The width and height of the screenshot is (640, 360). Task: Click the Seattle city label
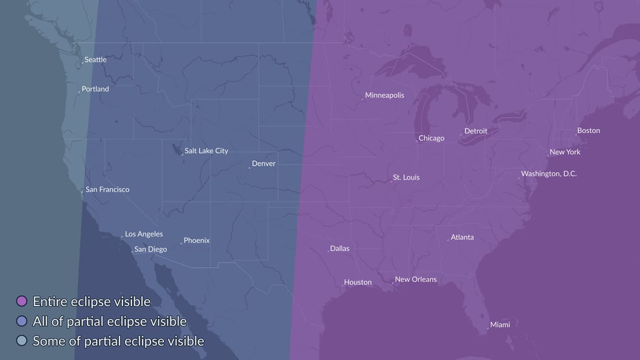pyautogui.click(x=95, y=60)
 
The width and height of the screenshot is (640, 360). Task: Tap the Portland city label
pyautogui.click(x=95, y=89)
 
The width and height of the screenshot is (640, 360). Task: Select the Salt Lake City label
pyautogui.click(x=206, y=151)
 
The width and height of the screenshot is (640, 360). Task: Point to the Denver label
pyautogui.click(x=263, y=163)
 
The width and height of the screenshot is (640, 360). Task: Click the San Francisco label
pyautogui.click(x=107, y=189)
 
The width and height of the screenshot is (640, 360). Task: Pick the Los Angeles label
pyautogui.click(x=144, y=234)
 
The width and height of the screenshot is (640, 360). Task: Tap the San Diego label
pyautogui.click(x=150, y=249)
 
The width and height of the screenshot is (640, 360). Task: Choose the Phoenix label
pyautogui.click(x=196, y=240)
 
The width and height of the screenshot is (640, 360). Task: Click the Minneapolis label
pyautogui.click(x=384, y=95)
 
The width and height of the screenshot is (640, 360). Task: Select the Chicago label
pyautogui.click(x=431, y=138)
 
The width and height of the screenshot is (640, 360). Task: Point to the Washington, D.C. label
pyautogui.click(x=548, y=174)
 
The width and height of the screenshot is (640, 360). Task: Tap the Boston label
pyautogui.click(x=588, y=130)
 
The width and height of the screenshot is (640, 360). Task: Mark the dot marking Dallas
pyautogui.click(x=328, y=251)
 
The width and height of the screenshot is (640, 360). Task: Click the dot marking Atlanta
pyautogui.click(x=448, y=240)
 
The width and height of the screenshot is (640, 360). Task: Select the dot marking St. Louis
pyautogui.click(x=391, y=181)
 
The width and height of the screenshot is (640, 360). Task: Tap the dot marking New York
pyautogui.click(x=548, y=156)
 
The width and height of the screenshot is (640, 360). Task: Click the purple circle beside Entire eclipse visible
pyautogui.click(x=22, y=302)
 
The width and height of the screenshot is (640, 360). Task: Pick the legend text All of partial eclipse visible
pyautogui.click(x=109, y=321)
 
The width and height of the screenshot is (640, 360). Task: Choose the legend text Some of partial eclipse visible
pyautogui.click(x=118, y=341)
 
